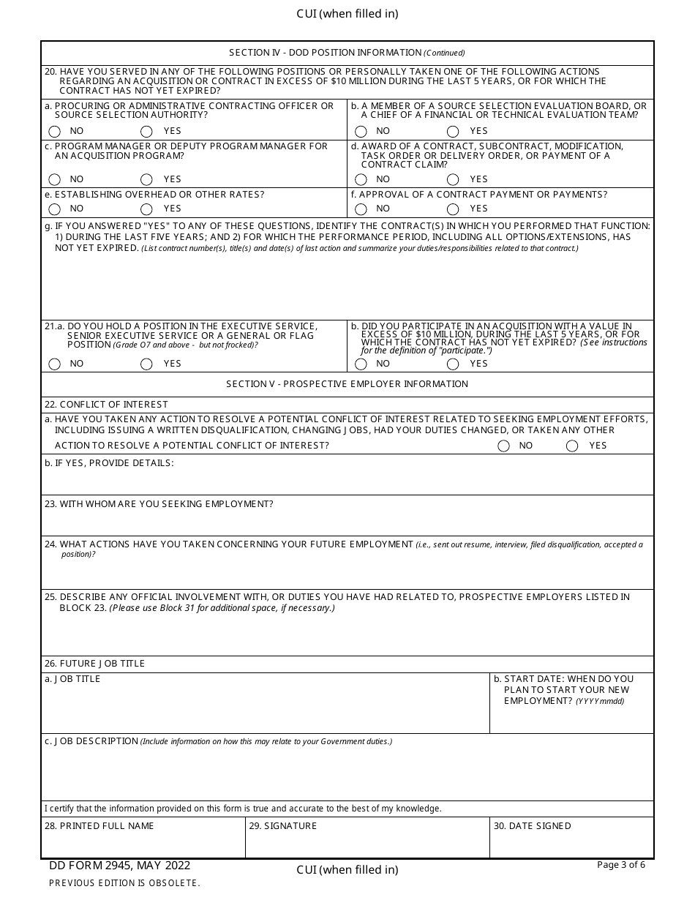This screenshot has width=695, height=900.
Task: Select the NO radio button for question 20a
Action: (x=55, y=132)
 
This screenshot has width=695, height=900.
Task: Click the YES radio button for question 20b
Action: (x=453, y=132)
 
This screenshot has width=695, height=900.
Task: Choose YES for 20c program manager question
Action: (x=146, y=180)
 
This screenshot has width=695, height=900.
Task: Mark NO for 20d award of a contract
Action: (x=361, y=180)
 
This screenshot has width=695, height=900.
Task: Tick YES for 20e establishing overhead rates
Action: (x=146, y=209)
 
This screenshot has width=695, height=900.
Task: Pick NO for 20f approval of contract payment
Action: (x=361, y=209)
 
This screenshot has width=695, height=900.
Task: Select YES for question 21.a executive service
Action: (x=146, y=364)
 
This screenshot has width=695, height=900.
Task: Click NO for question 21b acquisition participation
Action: (x=361, y=364)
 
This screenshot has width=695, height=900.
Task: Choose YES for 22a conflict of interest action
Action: (x=572, y=446)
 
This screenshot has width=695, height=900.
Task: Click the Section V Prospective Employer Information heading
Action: (x=347, y=384)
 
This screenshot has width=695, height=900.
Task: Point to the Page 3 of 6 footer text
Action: (x=621, y=865)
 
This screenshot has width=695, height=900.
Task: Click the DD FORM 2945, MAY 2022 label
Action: (x=120, y=866)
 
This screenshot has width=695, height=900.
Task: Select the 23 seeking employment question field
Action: (x=347, y=522)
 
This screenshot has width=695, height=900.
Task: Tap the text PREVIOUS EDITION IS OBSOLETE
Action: (x=124, y=883)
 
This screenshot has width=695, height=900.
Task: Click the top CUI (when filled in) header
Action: (x=347, y=14)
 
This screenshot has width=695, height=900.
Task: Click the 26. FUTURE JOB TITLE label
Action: (x=95, y=664)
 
